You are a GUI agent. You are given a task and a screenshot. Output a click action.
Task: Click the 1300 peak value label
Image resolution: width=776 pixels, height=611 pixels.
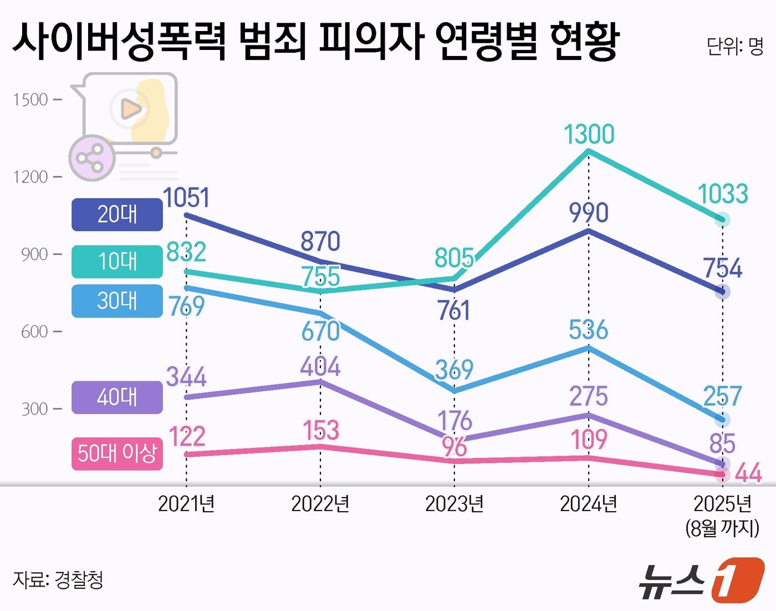[x=589, y=134]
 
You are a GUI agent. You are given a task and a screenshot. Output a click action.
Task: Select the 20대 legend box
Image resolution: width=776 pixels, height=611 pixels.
[x=117, y=214]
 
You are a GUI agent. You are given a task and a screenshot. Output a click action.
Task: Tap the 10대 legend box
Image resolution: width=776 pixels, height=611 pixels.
[x=117, y=261]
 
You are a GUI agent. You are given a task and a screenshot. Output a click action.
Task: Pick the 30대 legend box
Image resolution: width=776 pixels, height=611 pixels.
[x=117, y=301]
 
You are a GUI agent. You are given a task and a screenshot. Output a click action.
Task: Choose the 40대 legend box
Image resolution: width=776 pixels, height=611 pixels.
[x=117, y=397]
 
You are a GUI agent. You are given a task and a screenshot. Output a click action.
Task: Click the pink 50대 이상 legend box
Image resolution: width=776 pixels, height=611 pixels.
[x=117, y=453]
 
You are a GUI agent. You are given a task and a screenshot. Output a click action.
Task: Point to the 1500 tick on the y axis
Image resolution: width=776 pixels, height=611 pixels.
[x=30, y=100]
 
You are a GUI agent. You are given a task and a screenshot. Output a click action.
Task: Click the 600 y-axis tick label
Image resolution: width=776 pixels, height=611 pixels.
[x=34, y=332]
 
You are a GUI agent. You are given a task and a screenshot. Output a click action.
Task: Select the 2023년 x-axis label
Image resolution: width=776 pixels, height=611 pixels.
[x=454, y=504]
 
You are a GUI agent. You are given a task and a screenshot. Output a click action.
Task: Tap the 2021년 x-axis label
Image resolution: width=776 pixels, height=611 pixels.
[x=186, y=504]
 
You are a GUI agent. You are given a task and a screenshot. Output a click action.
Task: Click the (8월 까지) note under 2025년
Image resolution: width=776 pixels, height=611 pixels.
[x=722, y=528]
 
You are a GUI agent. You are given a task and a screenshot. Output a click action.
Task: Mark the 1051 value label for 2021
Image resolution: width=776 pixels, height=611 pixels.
[x=186, y=198]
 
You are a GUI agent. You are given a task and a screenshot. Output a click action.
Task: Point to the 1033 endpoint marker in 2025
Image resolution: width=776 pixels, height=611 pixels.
[x=722, y=220]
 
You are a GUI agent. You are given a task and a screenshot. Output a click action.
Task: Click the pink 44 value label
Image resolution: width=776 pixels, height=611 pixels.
[x=748, y=473]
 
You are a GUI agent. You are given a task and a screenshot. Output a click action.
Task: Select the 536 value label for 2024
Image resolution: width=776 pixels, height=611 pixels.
[x=588, y=330]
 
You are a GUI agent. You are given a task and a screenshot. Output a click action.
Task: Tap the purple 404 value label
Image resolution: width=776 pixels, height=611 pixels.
[x=320, y=367]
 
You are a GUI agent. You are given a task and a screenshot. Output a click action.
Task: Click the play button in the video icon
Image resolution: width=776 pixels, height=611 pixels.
[x=130, y=109]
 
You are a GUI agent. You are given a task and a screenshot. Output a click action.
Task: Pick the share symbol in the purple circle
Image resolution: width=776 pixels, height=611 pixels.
[x=91, y=158]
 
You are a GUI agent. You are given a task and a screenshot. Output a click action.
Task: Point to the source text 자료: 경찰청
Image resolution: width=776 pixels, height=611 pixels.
[x=58, y=580]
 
